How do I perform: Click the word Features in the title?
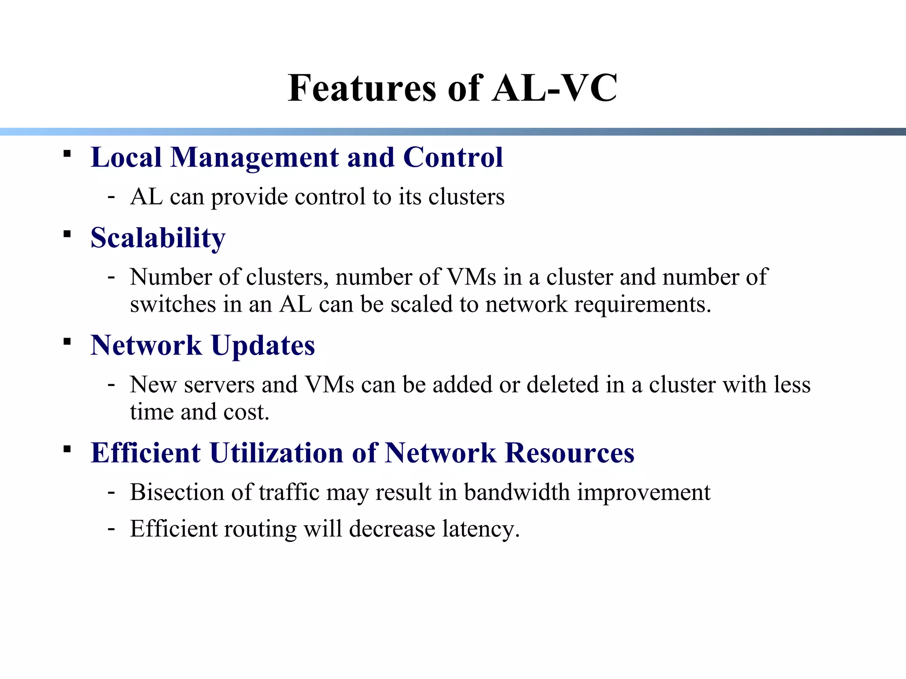coord(362,88)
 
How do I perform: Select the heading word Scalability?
coord(158,238)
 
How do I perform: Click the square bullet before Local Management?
coord(67,154)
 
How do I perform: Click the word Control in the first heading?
coord(453,157)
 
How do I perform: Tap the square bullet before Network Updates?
coord(67,341)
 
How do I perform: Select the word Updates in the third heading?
coord(263,345)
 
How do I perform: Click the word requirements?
coord(642,305)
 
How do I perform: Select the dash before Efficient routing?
coord(111,528)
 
